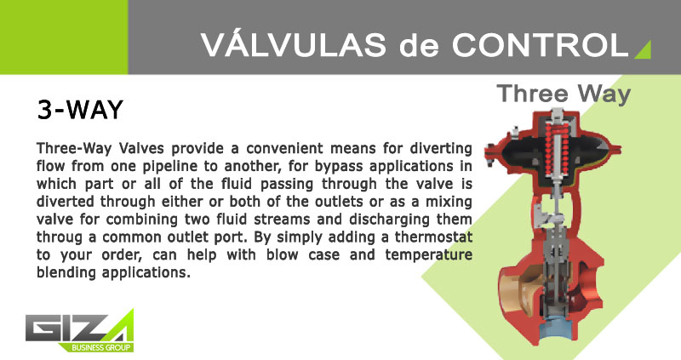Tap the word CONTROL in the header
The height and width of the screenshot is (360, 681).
(540, 44)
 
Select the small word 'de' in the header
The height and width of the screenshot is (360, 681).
(419, 45)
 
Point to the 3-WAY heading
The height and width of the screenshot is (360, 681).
(80, 110)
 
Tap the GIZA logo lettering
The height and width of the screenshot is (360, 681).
(75, 327)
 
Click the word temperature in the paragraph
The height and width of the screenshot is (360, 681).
(428, 255)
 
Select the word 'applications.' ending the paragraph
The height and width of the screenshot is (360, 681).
(146, 273)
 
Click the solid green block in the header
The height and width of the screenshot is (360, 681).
(64, 37)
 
